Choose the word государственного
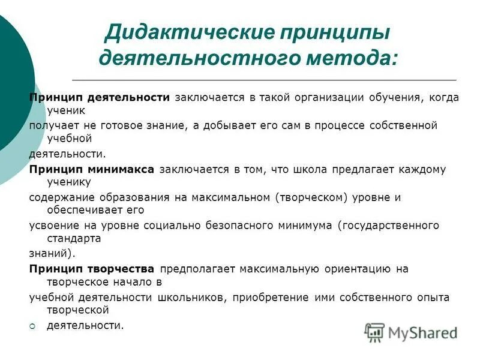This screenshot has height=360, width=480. pyautogui.click(x=391, y=225)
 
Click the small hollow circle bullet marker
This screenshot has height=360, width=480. pyautogui.click(x=34, y=326)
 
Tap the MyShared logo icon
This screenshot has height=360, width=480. pyautogui.click(x=375, y=332)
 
